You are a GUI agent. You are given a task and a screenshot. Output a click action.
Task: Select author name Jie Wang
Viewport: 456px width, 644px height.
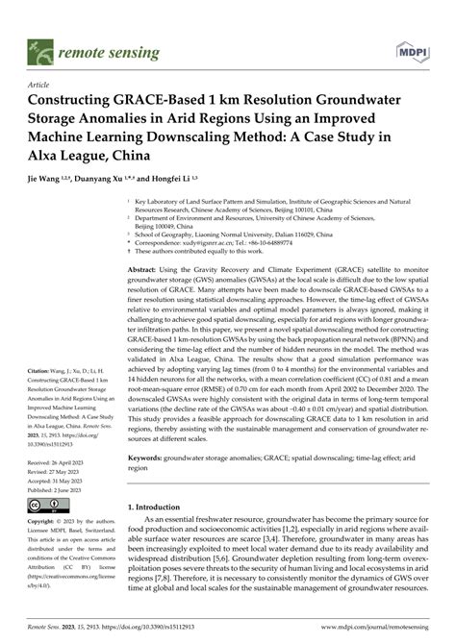[53, 179]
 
